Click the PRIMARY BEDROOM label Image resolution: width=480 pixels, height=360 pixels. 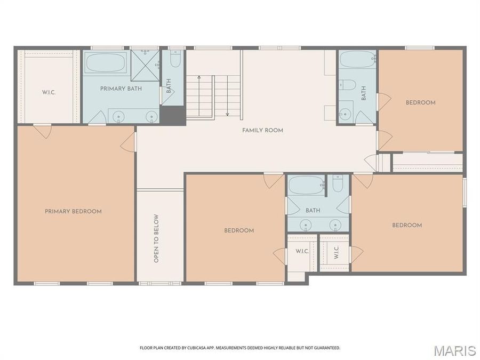73,212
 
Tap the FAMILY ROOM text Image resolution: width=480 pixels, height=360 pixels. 262,130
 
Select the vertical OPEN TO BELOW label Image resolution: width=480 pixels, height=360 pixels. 157,238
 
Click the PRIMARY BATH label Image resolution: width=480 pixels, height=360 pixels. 121,89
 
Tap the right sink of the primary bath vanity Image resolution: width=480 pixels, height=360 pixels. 151,115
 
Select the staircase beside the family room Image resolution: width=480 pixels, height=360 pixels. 213,96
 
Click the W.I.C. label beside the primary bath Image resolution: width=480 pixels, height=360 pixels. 49,92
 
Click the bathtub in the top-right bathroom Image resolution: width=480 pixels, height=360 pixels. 357,59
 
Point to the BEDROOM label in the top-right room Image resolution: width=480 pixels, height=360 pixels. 420,102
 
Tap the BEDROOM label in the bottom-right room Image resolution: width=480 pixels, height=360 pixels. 407,225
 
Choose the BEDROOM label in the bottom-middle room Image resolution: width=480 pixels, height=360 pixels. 238,230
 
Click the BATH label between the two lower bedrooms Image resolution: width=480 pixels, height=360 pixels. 313,210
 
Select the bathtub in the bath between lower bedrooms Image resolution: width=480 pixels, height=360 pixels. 307,185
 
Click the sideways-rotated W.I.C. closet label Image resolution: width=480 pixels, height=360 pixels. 337,252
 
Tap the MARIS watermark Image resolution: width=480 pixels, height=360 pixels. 454,350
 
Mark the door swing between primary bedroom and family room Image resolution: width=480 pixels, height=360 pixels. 128,142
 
